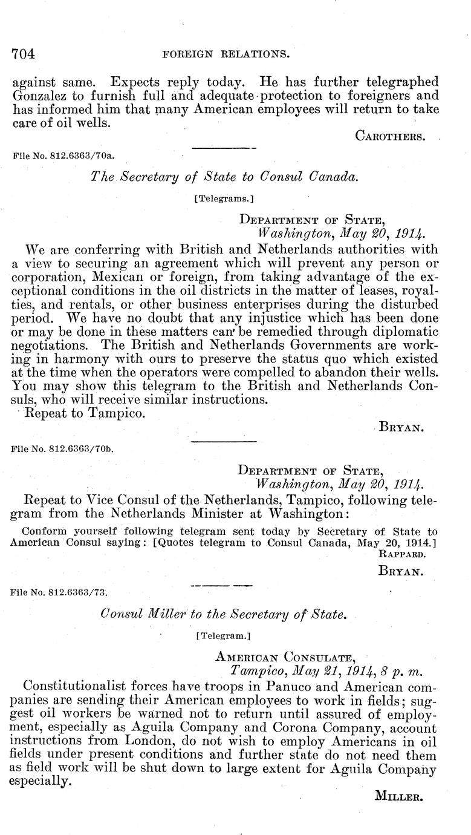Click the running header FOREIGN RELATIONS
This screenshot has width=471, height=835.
click(x=224, y=54)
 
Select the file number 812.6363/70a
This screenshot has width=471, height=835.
click(x=63, y=155)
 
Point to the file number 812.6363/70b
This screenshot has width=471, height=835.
click(x=63, y=450)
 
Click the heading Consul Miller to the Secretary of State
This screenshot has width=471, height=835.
click(x=224, y=614)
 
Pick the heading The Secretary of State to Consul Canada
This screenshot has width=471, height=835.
click(x=225, y=176)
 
